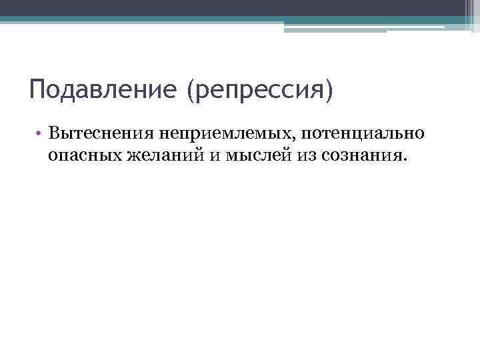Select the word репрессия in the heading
coord(259,90)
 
